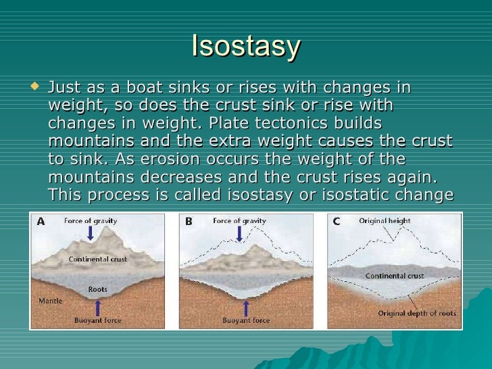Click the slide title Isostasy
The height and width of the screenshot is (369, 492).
pos(246,46)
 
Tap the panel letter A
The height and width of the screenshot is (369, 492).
pos(41,222)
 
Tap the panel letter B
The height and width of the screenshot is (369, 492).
pos(188,222)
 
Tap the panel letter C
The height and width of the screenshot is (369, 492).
pos(336,222)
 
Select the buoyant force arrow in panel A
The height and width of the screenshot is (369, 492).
pos(99,308)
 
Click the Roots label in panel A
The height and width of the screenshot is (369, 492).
pos(98,289)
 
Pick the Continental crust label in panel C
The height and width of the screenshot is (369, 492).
pos(395,276)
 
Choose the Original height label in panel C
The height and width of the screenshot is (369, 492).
pos(385,221)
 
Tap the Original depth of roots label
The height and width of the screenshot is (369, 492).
pos(417,313)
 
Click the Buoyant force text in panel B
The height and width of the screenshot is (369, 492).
pos(247,320)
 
